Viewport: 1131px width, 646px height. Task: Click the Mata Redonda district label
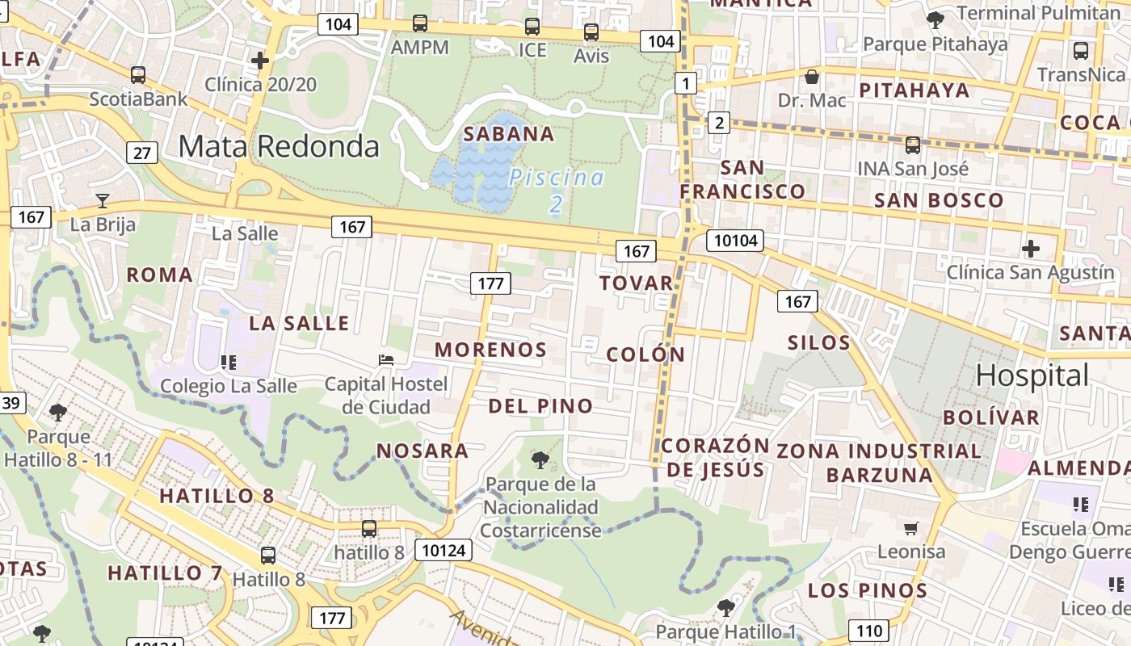tap(279, 146)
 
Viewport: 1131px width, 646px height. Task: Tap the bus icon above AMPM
tap(419, 23)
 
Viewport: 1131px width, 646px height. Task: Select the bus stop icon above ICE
tap(532, 27)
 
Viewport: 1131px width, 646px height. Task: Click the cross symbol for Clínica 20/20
tap(260, 61)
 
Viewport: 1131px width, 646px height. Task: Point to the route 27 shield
tap(141, 152)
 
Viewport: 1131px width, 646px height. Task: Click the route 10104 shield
tap(735, 240)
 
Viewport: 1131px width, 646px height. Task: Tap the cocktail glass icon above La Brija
tap(103, 201)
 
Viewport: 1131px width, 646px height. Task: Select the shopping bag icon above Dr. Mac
tap(812, 77)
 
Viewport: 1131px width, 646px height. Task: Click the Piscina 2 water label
tap(557, 190)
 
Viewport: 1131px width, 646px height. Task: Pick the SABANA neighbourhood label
tap(509, 134)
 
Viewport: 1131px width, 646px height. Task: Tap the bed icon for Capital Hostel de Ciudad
tap(386, 359)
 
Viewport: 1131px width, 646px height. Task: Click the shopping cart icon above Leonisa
tap(911, 528)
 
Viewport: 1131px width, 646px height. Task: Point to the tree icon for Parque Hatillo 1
tap(725, 607)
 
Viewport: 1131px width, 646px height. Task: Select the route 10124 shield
tap(443, 551)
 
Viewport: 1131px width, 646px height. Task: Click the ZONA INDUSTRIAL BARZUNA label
tap(879, 462)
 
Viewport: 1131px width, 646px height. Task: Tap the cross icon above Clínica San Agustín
tap(1030, 248)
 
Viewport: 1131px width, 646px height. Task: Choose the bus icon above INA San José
tap(912, 145)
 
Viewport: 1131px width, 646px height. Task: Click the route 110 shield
tap(868, 631)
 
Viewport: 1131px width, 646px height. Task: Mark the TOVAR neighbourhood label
tap(636, 283)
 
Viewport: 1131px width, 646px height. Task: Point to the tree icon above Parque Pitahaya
tap(935, 20)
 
